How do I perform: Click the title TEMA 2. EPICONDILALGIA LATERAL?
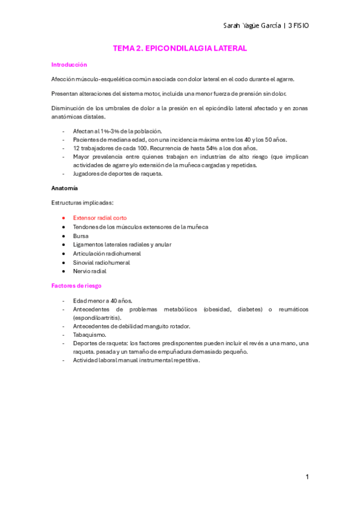click(x=180, y=48)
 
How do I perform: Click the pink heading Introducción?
click(x=69, y=64)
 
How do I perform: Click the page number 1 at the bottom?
click(x=307, y=477)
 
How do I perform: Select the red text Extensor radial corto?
click(x=100, y=218)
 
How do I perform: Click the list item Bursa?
click(x=81, y=236)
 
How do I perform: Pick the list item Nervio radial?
click(x=90, y=271)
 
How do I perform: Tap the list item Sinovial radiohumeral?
click(x=101, y=262)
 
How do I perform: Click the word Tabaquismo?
click(x=89, y=334)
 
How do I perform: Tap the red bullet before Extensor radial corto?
click(x=63, y=218)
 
